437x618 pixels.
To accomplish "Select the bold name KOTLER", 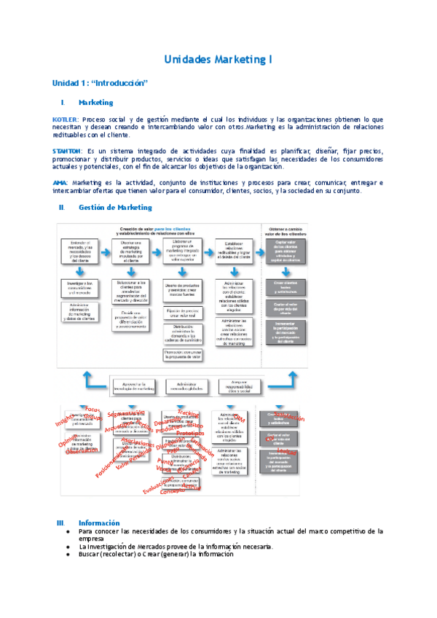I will (x=66, y=119).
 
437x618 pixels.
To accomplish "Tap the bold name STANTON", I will (x=68, y=150).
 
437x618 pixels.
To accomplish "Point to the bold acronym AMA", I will (x=60, y=182).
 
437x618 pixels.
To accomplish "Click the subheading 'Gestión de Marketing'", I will (x=114, y=208).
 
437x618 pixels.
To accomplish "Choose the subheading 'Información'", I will (x=99, y=523).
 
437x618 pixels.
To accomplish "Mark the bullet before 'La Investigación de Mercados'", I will (x=69, y=547).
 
